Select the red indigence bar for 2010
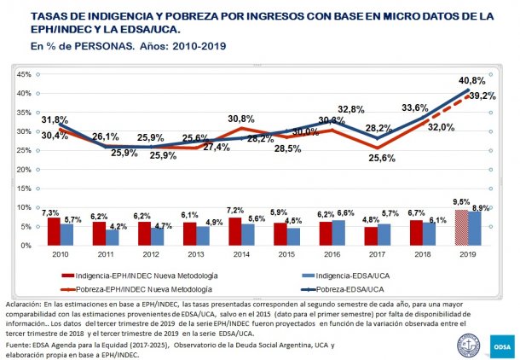(53, 231)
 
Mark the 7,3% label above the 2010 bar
(52, 212)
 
